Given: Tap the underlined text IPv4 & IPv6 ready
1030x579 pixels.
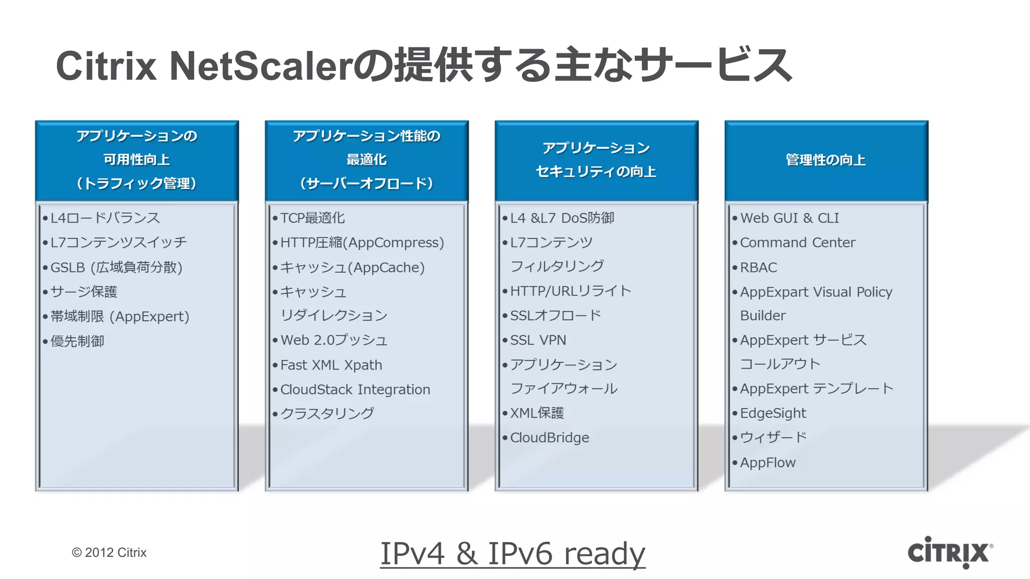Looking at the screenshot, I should coord(512,553).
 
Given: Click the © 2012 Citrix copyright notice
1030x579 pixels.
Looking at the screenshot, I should coord(109,552).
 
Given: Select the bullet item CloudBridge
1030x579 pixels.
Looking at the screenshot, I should coord(549,438).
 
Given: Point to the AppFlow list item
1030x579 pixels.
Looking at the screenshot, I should coord(767,462).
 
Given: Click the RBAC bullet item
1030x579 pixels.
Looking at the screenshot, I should coord(758,267).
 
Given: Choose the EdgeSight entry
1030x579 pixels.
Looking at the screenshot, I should coord(772,413).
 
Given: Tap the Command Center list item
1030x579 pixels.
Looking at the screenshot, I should coord(797,243).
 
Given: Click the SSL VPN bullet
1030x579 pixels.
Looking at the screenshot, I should coord(538,340).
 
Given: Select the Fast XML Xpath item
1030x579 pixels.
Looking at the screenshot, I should coord(331,365).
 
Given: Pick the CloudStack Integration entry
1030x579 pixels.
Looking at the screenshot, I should coord(355,390).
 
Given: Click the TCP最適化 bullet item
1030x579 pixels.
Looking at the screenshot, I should coord(312,218).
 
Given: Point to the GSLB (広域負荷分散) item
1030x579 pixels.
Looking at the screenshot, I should coord(116,267).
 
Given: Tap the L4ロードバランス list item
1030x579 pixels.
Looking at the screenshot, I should coord(105,218).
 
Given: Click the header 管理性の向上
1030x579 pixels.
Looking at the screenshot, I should coord(826,160).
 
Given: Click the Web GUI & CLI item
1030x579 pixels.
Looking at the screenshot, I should coord(789,218).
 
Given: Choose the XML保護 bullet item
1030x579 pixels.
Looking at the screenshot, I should coord(537,413).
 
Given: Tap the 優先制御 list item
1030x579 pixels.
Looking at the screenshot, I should coord(77,341).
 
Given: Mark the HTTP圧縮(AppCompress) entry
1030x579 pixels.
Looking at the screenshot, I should coord(362,243).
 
